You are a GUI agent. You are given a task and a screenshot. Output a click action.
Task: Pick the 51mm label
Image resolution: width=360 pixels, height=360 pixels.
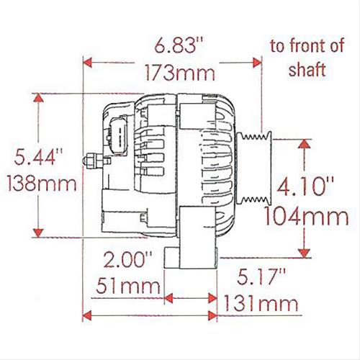click(x=127, y=288)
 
